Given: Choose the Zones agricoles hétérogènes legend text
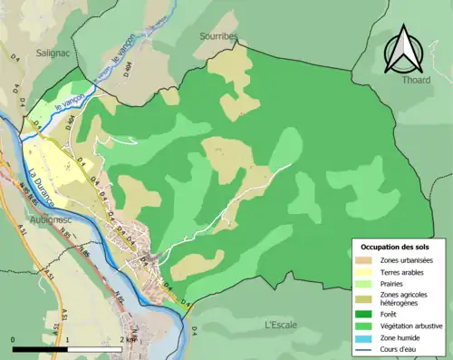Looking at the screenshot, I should coord(403,298).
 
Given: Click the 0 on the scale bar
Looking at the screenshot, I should coord(13,339).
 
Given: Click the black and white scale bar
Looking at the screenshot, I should coord(69,348).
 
